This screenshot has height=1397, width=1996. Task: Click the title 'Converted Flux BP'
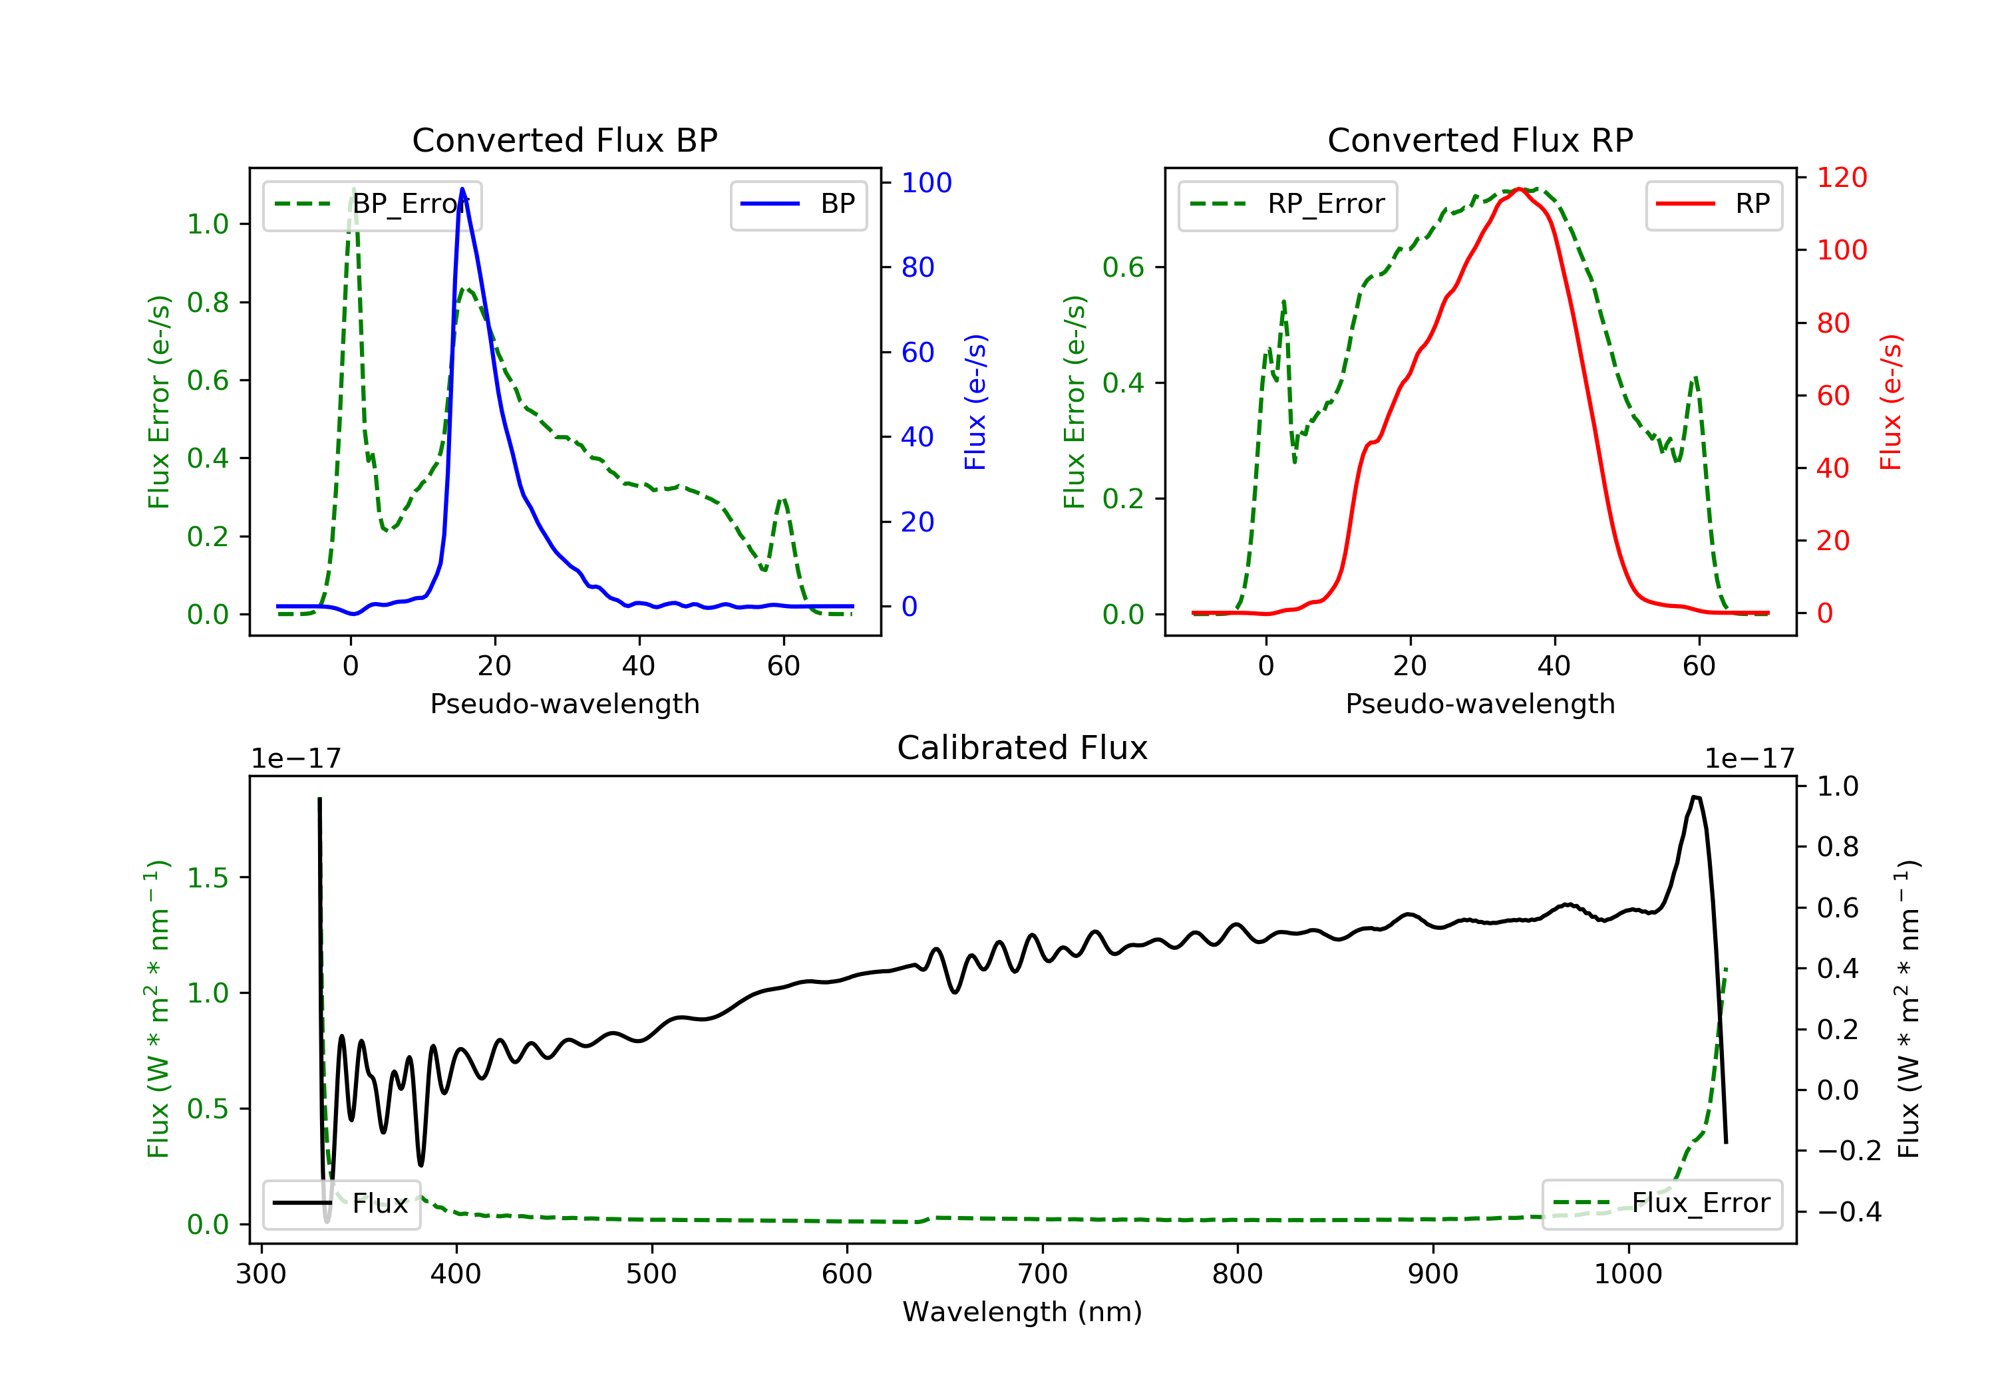[x=564, y=140]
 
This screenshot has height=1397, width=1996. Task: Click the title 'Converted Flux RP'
[x=1480, y=140]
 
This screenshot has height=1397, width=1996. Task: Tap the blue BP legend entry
[x=798, y=204]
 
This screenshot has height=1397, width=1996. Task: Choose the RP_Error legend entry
[x=1287, y=204]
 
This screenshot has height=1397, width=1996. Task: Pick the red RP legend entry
[x=1713, y=204]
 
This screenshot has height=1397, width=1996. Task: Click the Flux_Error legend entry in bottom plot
[x=1661, y=1203]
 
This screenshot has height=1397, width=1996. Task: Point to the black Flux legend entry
[x=342, y=1203]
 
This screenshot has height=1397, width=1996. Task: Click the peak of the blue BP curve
[x=462, y=189]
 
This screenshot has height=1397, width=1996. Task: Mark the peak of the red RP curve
[x=1519, y=189]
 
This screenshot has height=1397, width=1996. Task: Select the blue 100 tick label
[x=926, y=182]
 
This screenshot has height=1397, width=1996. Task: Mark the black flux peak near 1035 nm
[x=1695, y=796]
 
